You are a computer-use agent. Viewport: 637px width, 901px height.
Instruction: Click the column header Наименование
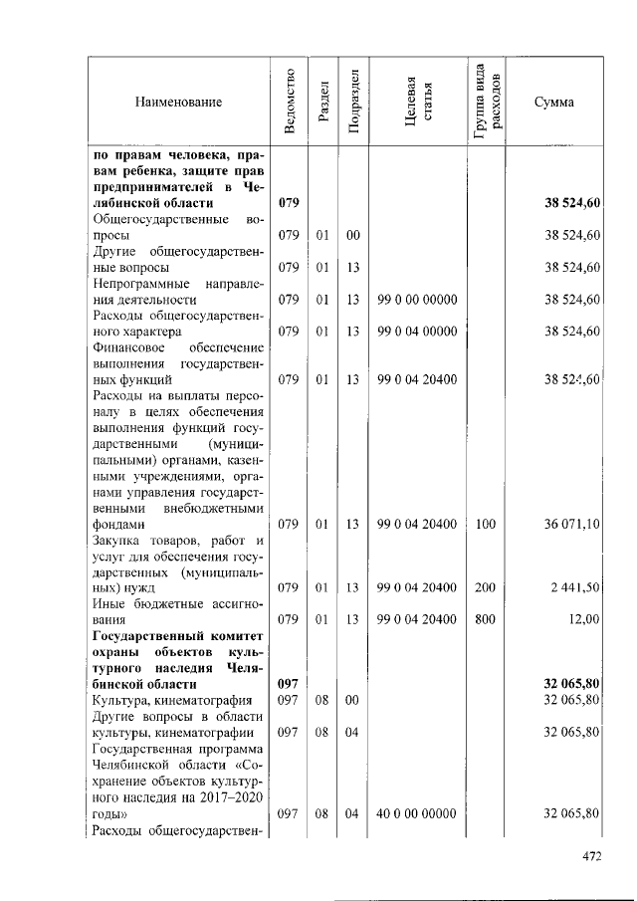tap(180, 102)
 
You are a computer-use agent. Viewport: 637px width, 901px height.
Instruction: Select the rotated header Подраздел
tap(352, 102)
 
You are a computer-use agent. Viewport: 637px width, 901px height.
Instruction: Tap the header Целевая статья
tap(417, 102)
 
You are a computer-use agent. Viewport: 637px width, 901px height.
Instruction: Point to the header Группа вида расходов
tap(487, 102)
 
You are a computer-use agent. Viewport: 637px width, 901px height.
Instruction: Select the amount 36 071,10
tap(571, 524)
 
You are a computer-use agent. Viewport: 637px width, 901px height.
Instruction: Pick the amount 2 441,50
tap(574, 588)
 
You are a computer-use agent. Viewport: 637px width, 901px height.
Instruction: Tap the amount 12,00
tap(583, 620)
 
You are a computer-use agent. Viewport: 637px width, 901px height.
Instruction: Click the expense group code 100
tap(485, 524)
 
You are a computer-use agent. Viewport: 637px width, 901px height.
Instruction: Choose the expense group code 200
tap(485, 588)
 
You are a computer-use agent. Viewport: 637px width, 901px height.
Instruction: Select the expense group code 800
tap(485, 620)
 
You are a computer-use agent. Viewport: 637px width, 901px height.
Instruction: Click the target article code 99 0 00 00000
tap(417, 299)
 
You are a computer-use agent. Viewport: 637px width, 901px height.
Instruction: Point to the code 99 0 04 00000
tap(417, 331)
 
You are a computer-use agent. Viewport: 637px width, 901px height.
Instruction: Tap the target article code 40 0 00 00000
tap(417, 813)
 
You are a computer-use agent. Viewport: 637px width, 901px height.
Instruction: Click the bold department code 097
tap(289, 685)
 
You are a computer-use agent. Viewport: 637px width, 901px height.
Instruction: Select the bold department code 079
tap(289, 203)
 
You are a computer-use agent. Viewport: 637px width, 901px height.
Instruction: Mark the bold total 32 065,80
tap(571, 685)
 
